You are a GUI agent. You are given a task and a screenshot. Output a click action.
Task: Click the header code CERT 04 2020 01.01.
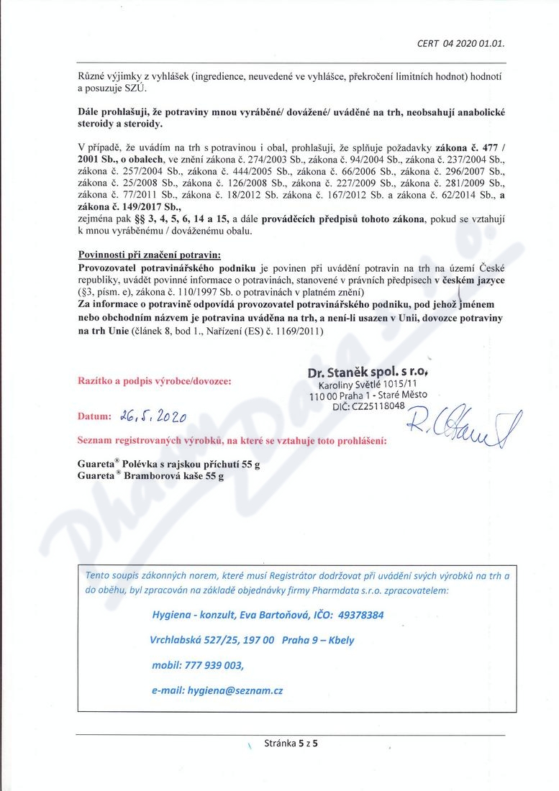tap(460, 42)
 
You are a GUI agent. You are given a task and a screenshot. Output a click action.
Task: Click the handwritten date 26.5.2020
tap(154, 416)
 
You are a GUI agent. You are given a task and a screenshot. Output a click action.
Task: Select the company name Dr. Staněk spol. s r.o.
tap(368, 372)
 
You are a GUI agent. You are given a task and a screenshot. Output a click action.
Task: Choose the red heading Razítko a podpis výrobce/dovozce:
tap(154, 381)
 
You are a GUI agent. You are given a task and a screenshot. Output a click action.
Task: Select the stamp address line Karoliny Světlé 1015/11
tap(367, 385)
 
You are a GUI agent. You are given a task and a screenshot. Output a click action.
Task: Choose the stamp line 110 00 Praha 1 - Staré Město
tap(368, 395)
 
